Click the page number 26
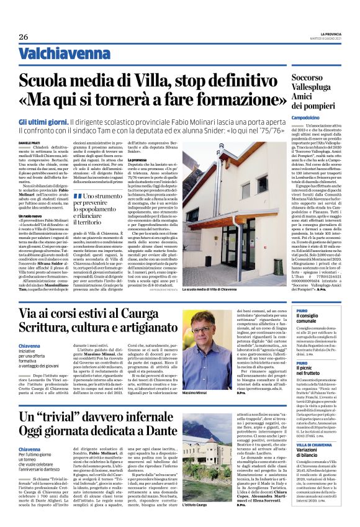[x=23, y=37]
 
